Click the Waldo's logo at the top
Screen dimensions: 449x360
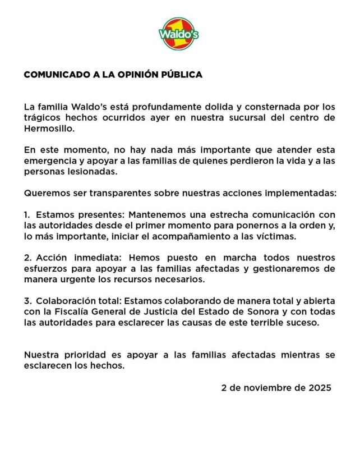[179, 33]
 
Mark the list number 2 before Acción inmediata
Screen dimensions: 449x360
[27, 258]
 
